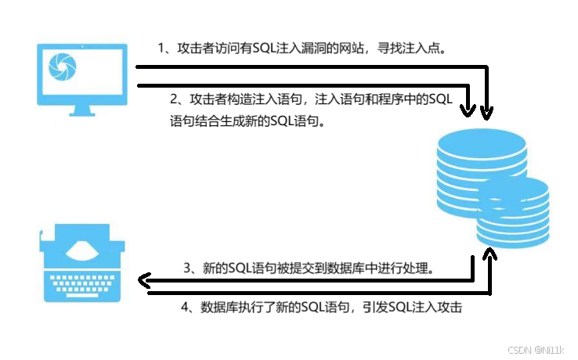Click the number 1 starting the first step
161,49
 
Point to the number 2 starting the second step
174,99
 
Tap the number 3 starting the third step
188,268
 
